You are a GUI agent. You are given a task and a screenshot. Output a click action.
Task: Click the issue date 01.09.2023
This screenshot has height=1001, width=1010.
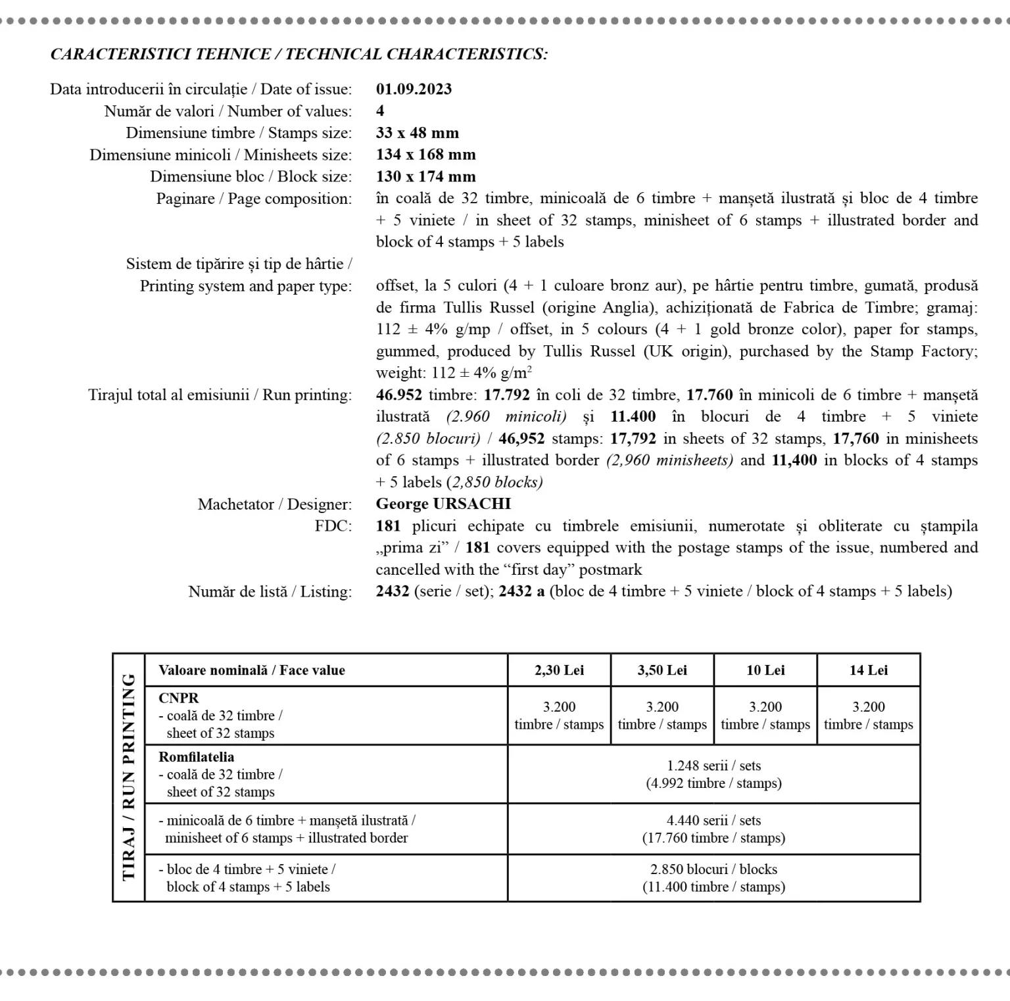(x=414, y=89)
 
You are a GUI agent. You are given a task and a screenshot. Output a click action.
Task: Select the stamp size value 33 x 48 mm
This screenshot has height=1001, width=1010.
(x=417, y=133)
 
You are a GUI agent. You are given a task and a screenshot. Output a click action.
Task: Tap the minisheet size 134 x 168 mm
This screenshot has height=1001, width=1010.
(x=425, y=155)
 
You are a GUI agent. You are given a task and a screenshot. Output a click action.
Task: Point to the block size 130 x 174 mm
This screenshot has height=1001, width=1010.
(x=425, y=176)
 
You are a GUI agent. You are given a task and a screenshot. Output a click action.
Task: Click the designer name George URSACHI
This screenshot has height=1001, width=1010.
(x=443, y=504)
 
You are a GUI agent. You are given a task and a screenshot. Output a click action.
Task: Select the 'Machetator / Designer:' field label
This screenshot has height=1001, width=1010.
(x=275, y=504)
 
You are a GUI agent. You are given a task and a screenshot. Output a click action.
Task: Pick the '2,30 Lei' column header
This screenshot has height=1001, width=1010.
(x=559, y=670)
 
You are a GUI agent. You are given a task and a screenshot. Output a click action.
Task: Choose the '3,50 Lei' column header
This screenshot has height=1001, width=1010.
(x=662, y=670)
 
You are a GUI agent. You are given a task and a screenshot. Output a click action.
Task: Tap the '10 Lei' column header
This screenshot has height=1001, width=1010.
(x=765, y=670)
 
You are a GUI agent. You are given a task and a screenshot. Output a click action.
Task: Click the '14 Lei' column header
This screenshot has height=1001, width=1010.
(x=868, y=670)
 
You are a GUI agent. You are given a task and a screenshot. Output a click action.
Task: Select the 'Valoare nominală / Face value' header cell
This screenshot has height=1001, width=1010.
(x=252, y=670)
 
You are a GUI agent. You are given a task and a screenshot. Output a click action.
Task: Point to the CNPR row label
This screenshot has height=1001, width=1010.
(x=178, y=698)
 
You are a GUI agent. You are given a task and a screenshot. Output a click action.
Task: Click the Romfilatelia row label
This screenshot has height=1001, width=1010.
(x=196, y=757)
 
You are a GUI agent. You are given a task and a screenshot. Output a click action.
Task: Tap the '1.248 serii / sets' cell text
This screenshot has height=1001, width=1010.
(x=713, y=766)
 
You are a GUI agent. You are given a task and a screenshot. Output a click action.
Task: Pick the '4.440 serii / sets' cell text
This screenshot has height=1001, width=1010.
(x=713, y=820)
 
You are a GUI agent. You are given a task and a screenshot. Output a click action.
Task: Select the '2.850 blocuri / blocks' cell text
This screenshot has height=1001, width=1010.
(x=713, y=869)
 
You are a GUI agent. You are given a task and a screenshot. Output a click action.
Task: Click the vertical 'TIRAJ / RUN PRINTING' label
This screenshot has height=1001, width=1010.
(x=129, y=777)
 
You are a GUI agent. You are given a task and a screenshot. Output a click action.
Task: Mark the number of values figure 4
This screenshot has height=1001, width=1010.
(x=380, y=111)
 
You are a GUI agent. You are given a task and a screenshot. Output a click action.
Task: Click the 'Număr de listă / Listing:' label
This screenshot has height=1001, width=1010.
(x=270, y=592)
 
